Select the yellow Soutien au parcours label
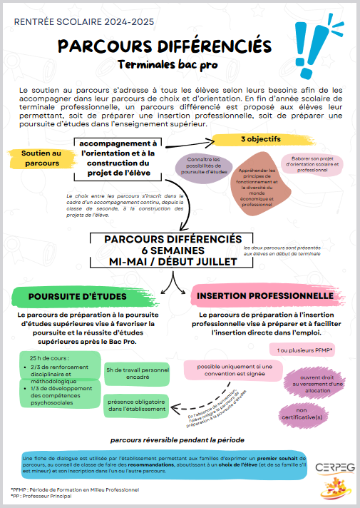click(x=41, y=158)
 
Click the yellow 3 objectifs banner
click(x=260, y=138)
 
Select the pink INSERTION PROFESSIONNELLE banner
click(x=265, y=295)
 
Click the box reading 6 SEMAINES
click(x=173, y=250)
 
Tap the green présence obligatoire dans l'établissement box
click(x=136, y=405)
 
